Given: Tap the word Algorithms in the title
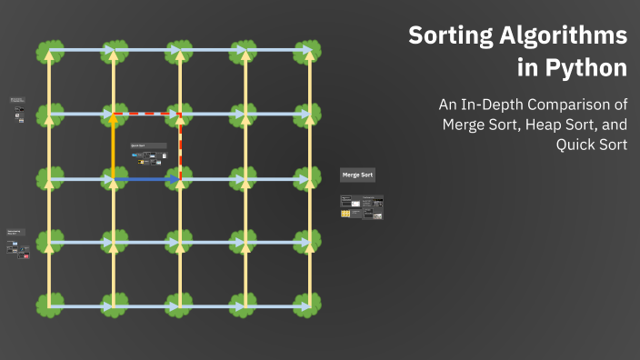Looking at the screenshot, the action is (565, 36).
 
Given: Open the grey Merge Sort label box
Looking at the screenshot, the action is (357, 175).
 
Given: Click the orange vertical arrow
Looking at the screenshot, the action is (114, 145).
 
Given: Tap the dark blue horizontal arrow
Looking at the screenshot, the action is (145, 180).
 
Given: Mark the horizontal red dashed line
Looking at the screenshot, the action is (147, 115).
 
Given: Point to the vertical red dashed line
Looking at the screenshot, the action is (180, 145).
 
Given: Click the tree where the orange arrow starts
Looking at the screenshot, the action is (114, 179).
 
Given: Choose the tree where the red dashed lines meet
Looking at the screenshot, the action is (180, 115).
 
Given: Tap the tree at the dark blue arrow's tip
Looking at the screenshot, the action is (180, 179).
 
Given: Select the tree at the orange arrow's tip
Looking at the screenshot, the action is (114, 115).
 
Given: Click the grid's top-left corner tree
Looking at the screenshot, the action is (49, 51).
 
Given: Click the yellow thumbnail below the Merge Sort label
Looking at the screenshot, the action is (346, 214).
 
